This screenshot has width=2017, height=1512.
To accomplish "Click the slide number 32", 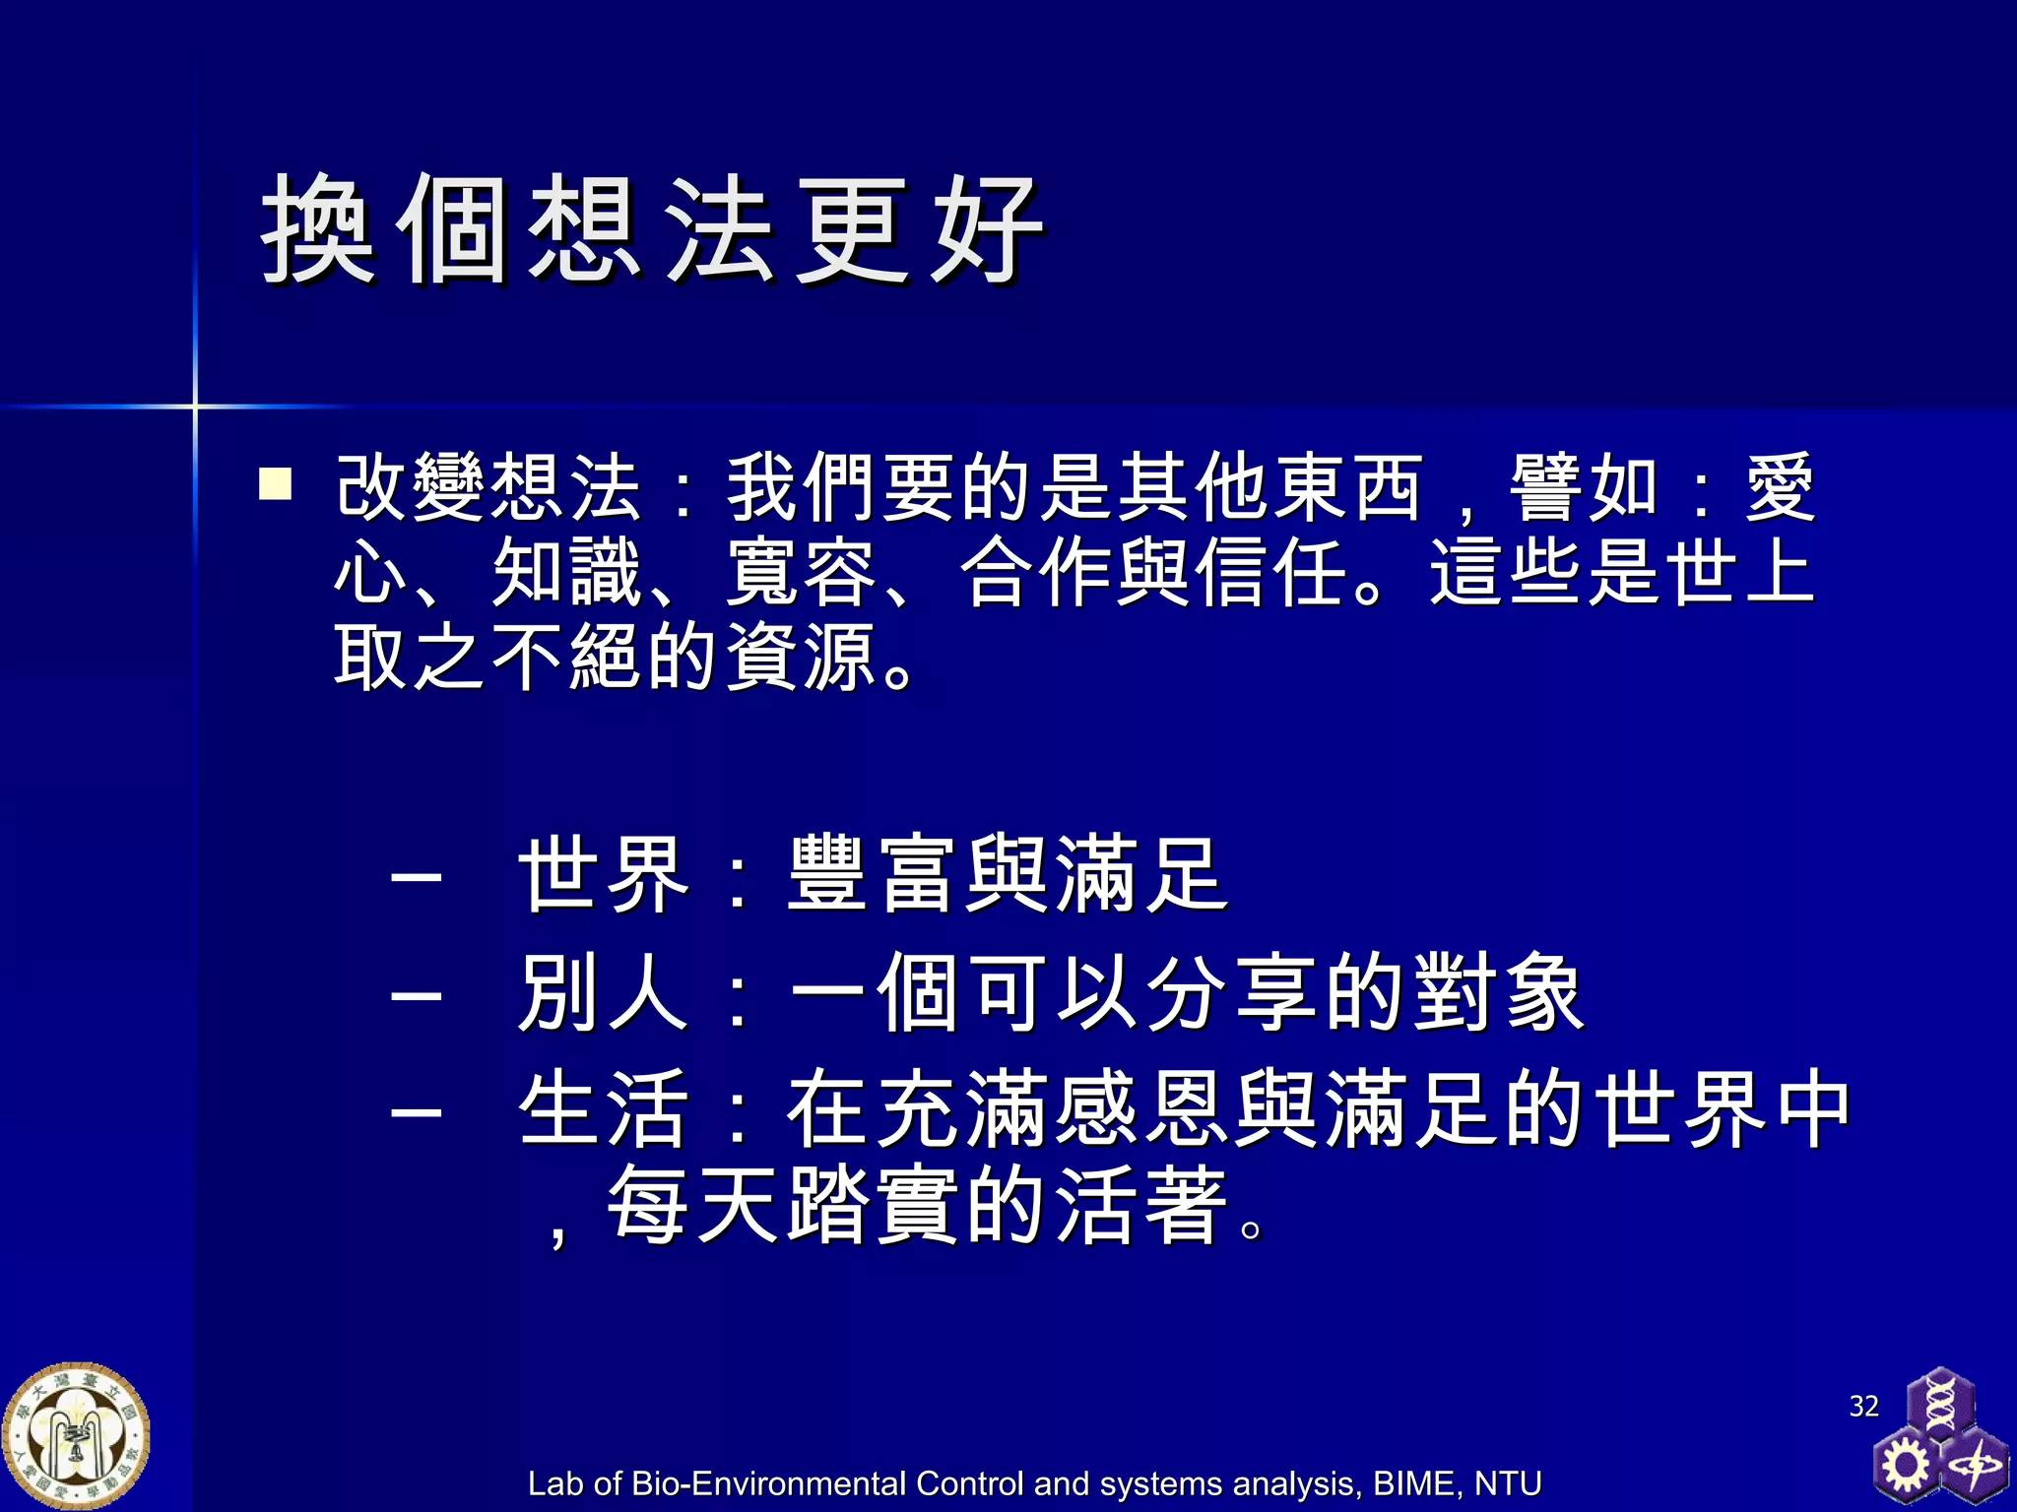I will pyautogui.click(x=1863, y=1406).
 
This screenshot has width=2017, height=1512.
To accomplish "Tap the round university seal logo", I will pyautogui.click(x=76, y=1436).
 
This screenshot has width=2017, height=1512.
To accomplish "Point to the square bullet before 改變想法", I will pyautogui.click(x=275, y=484).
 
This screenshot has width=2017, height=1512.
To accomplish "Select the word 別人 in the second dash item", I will pyautogui.click(x=603, y=992).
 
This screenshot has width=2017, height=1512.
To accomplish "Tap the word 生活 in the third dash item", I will pyautogui.click(x=603, y=1109).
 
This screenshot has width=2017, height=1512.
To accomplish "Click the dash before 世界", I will pyautogui.click(x=416, y=876).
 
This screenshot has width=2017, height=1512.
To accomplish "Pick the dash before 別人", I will pyautogui.click(x=416, y=994).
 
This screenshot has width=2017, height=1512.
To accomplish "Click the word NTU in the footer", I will pyautogui.click(x=1508, y=1483).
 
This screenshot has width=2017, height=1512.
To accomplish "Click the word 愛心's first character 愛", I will pyautogui.click(x=1780, y=487).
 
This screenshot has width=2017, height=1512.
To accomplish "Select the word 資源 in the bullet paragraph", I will pyautogui.click(x=803, y=658).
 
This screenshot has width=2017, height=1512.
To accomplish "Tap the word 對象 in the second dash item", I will pyautogui.click(x=1497, y=992).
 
